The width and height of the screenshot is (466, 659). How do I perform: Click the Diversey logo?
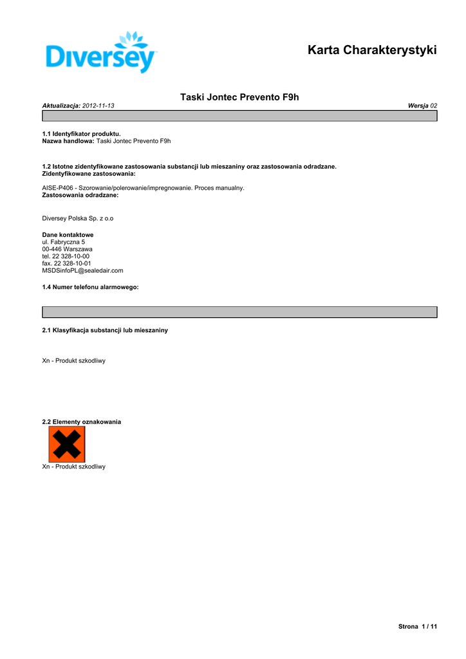point(102,52)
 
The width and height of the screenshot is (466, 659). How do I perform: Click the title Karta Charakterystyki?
point(372,50)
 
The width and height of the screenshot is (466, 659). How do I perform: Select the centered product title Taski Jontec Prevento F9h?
point(239,97)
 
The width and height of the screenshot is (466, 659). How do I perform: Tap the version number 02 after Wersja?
point(434,106)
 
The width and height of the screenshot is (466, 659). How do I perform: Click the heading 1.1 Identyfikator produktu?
point(81,134)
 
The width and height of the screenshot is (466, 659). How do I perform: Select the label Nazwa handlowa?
point(68,140)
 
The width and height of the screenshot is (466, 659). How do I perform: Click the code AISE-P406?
point(57,188)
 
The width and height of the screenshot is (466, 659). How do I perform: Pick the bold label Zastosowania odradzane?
point(80,194)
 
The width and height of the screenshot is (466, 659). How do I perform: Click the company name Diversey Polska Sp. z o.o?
point(77,218)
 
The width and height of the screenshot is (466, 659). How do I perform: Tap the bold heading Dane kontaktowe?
point(68,235)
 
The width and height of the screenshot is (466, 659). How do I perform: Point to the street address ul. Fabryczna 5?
point(63,242)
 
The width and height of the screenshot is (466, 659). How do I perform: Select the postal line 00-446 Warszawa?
point(67,249)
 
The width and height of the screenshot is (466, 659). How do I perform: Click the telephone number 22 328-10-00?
point(71,256)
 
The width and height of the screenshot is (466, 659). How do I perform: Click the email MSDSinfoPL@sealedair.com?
point(82,270)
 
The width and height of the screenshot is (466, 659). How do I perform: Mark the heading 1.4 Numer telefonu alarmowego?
point(90,287)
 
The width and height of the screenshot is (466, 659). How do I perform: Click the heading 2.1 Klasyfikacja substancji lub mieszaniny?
point(105,330)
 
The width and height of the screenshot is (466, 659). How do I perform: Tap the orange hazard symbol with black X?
point(66,445)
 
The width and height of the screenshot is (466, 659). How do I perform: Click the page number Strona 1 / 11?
point(418,626)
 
